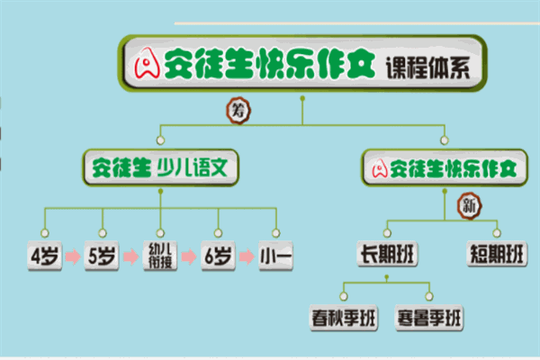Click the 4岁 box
click(45, 256)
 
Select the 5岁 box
click(102, 256)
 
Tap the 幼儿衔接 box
click(160, 256)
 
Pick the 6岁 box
click(219, 256)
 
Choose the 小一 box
click(276, 256)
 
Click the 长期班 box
click(387, 254)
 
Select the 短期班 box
click(497, 254)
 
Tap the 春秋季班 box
click(344, 318)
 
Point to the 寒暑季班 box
click(429, 318)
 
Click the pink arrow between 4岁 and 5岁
click(73, 256)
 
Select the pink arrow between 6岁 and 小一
click(247, 256)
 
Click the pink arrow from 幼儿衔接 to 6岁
click(189, 256)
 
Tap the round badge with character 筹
click(238, 111)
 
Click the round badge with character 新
click(470, 206)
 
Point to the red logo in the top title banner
click(147, 63)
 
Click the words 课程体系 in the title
click(427, 67)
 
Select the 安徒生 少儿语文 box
click(160, 167)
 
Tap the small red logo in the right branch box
click(380, 169)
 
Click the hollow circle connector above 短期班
click(497, 233)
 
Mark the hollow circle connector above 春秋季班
click(344, 296)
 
